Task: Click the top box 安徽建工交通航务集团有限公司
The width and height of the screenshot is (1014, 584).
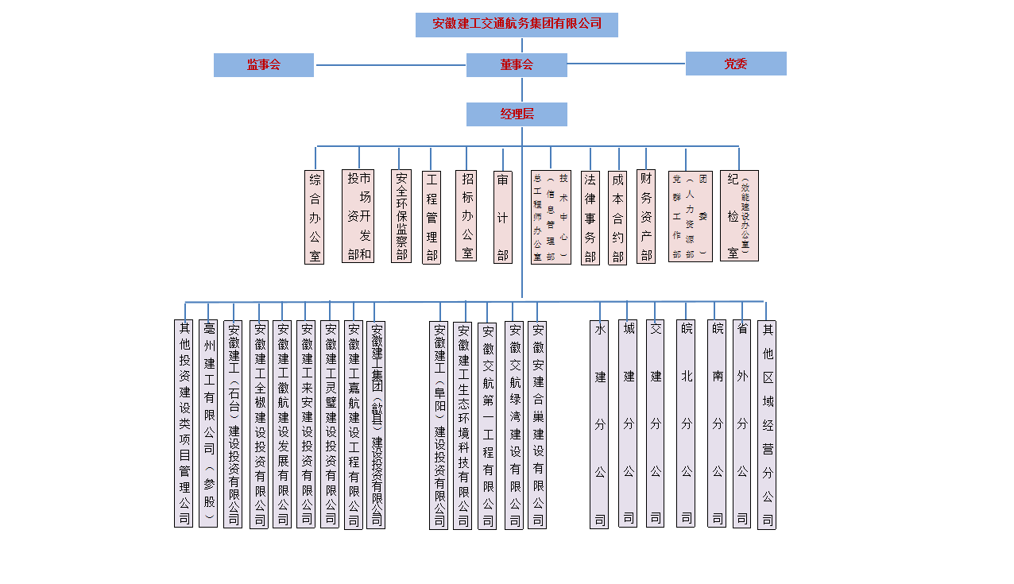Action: click(517, 25)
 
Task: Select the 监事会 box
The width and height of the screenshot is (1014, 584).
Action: click(264, 65)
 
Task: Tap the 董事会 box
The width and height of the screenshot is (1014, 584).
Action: click(517, 65)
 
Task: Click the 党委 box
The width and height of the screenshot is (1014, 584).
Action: click(736, 64)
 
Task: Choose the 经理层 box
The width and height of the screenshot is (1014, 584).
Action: click(517, 114)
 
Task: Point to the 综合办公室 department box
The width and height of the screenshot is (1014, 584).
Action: click(315, 217)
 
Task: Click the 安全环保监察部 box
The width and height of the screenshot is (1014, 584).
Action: click(401, 216)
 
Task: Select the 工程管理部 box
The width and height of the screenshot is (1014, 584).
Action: click(432, 217)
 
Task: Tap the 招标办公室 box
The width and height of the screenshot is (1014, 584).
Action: click(466, 215)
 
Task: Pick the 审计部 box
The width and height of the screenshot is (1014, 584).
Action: click(503, 217)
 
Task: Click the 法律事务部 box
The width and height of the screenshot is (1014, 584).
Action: click(590, 218)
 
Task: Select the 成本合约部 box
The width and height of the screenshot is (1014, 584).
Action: click(617, 218)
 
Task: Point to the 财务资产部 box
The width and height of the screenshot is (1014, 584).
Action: click(646, 216)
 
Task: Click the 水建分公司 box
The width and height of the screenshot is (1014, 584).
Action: click(599, 424)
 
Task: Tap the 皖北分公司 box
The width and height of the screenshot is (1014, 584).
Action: click(686, 423)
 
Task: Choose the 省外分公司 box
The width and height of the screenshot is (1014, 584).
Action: click(741, 423)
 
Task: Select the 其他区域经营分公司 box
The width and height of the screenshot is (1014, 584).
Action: click(767, 425)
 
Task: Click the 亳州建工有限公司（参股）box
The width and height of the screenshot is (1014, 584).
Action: click(208, 423)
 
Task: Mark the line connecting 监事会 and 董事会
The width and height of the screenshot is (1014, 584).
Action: click(390, 65)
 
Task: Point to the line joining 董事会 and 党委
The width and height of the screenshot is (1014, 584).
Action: click(626, 64)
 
